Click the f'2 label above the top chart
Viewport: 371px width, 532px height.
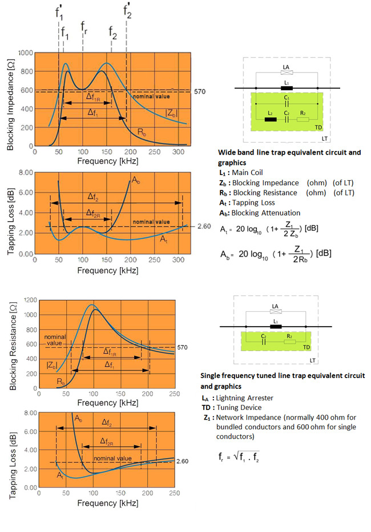(x=127, y=10)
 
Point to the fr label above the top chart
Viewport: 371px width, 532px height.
(x=84, y=27)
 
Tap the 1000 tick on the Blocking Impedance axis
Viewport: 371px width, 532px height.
(x=26, y=53)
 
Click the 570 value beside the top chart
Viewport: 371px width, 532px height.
(x=200, y=91)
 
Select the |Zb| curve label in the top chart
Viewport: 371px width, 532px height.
(x=171, y=113)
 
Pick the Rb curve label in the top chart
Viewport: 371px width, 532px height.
(x=142, y=132)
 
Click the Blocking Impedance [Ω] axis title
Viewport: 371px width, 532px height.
(x=10, y=105)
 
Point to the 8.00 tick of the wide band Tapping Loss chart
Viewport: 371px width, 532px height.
(x=26, y=172)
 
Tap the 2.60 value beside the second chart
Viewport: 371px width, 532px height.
(x=204, y=226)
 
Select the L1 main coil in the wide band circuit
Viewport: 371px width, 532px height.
(x=287, y=88)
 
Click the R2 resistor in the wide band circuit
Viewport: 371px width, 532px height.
(x=303, y=119)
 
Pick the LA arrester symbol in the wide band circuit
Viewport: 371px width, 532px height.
(x=287, y=72)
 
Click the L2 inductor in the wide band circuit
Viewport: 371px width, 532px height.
(x=271, y=119)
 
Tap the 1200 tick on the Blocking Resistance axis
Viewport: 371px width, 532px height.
(x=31, y=300)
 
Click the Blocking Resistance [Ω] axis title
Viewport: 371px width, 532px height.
(x=13, y=346)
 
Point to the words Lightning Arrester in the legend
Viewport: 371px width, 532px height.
(x=245, y=397)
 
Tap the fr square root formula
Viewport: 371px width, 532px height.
(x=239, y=457)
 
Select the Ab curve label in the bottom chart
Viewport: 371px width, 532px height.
(x=79, y=419)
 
